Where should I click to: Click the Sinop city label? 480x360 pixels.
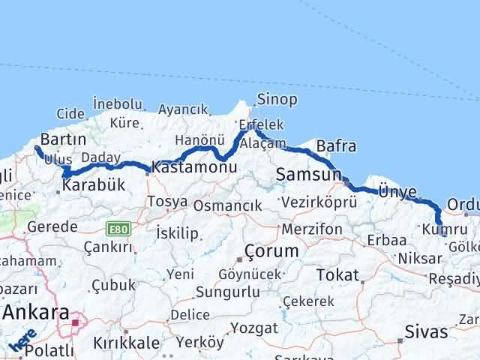tap(277, 100)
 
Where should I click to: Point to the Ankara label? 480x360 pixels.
tap(37, 312)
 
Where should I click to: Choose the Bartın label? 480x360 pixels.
tap(63, 139)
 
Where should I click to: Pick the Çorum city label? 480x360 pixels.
tap(271, 250)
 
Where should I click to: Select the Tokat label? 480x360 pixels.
tap(337, 275)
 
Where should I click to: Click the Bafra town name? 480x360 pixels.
tap(336, 145)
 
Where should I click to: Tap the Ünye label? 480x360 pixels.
tap(397, 193)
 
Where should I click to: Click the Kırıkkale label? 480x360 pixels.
tap(126, 343)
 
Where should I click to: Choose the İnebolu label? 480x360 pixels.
tap(117, 103)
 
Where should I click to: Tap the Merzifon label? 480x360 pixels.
tap(313, 229)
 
